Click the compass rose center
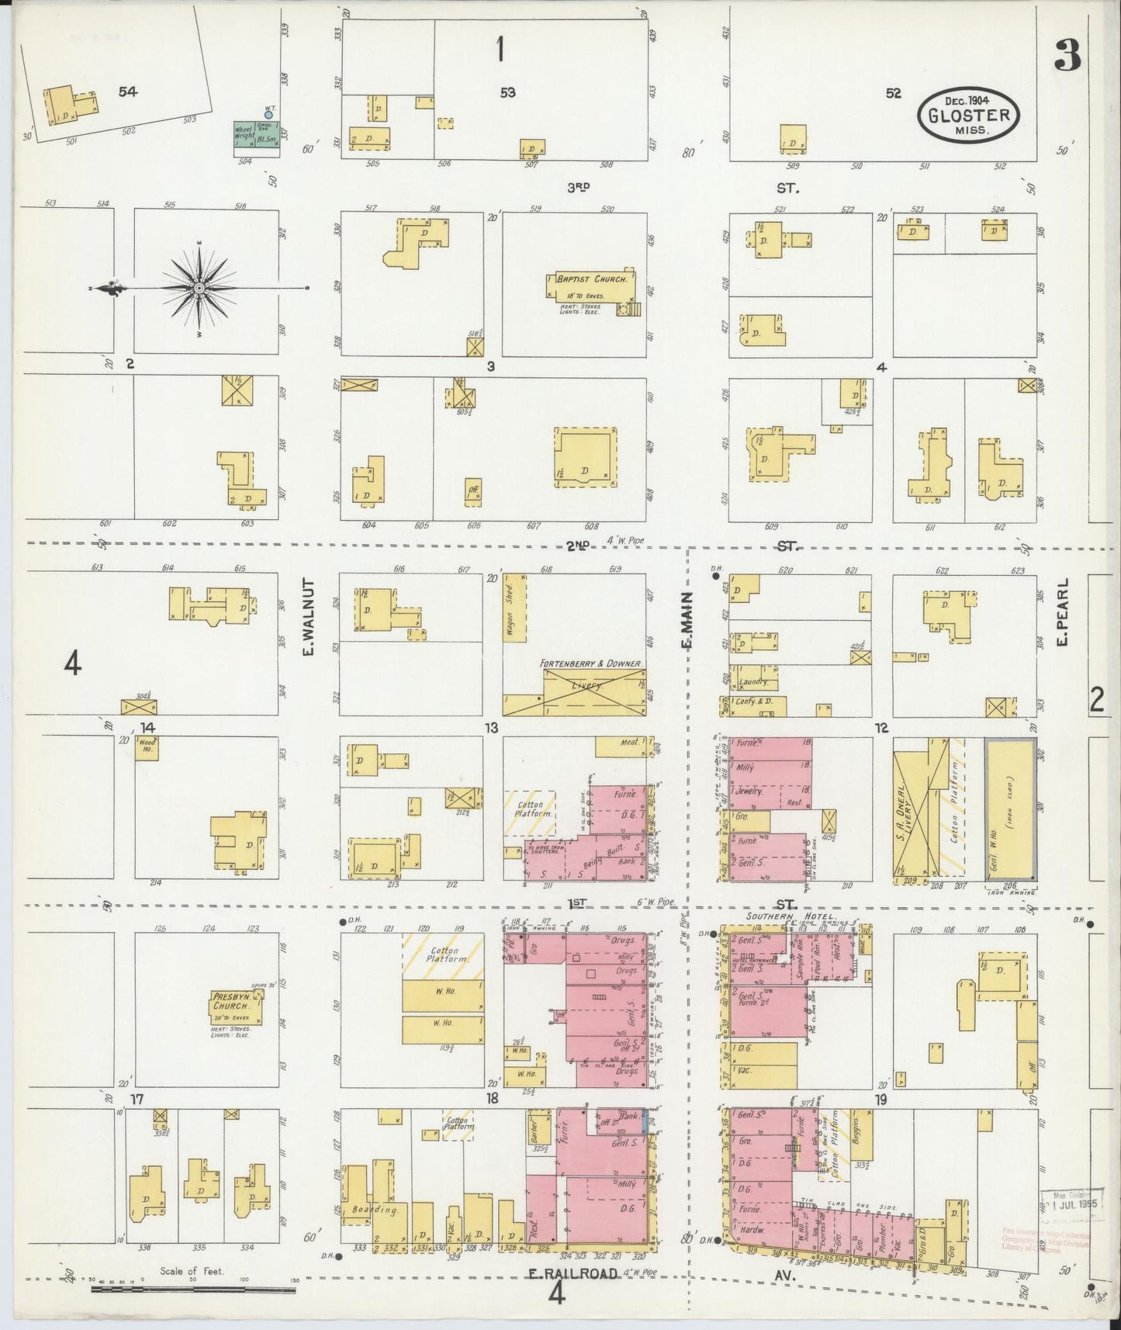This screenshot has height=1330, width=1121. click(x=200, y=288)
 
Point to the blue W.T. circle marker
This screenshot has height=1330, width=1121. click(x=268, y=114)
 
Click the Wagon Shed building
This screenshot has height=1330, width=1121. click(x=515, y=608)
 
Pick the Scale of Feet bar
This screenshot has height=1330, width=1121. click(x=194, y=1290)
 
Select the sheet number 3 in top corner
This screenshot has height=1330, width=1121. click(x=1067, y=54)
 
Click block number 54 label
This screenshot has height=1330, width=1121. click(x=128, y=92)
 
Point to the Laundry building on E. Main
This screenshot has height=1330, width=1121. click(x=753, y=681)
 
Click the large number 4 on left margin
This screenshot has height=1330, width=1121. click(x=72, y=664)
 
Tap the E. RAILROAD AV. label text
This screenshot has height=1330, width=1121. click(x=574, y=1273)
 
